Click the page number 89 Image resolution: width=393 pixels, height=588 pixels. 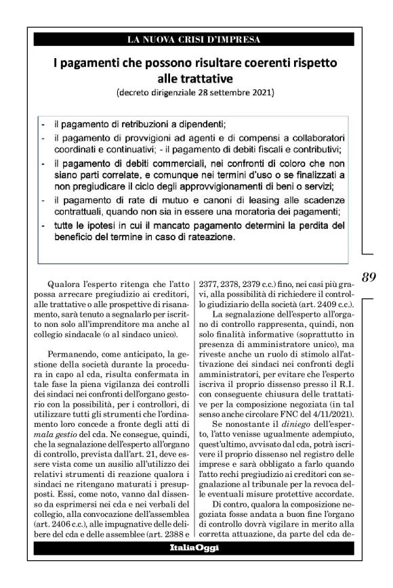369,277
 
